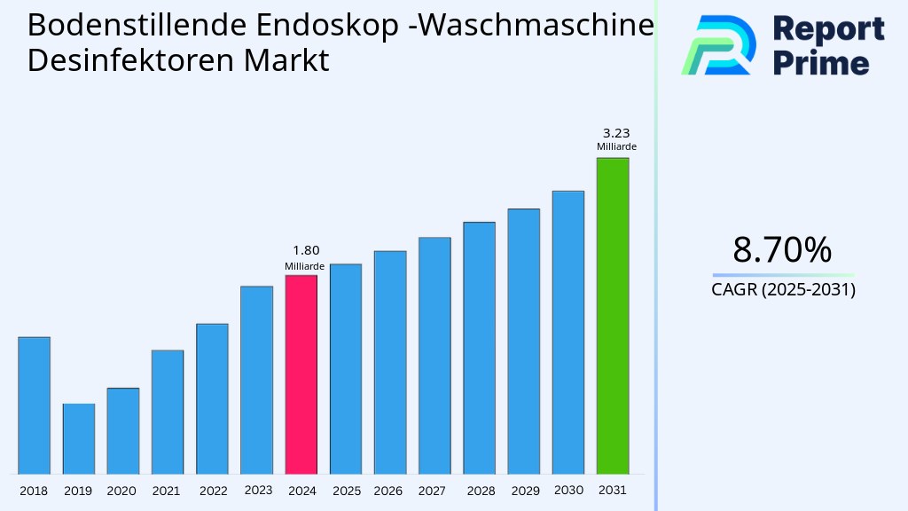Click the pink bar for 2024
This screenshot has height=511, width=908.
(301, 374)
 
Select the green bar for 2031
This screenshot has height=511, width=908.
(612, 315)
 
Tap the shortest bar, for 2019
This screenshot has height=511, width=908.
(78, 438)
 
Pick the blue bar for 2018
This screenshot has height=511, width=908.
(34, 405)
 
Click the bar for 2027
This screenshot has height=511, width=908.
(434, 355)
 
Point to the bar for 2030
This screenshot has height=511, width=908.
(567, 332)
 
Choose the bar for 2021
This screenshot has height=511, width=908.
(168, 412)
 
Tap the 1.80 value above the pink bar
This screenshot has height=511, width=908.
(305, 250)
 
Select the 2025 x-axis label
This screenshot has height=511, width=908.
(346, 491)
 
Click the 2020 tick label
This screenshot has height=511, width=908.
(121, 491)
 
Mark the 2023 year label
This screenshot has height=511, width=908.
(257, 490)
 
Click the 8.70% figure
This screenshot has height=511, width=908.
(782, 250)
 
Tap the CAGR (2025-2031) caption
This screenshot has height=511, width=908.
(783, 289)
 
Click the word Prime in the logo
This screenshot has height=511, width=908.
(821, 63)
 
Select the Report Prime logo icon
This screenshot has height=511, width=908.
(717, 44)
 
